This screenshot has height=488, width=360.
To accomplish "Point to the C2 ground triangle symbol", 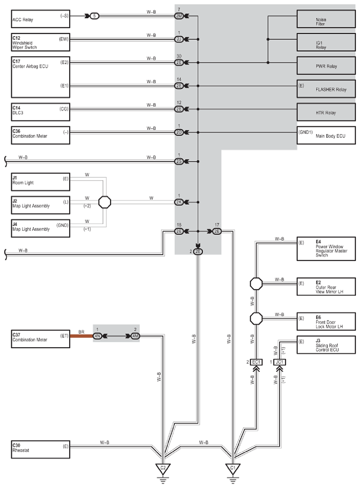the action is click(163, 469).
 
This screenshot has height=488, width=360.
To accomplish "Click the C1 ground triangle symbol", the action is click(233, 469).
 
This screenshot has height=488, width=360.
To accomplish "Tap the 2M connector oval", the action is click(179, 16).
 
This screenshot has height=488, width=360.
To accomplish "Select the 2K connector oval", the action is click(179, 202).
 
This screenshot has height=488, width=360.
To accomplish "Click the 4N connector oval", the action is click(98, 336).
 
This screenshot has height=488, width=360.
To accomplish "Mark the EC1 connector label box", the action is click(256, 362).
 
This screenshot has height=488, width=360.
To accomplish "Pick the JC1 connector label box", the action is click(280, 362).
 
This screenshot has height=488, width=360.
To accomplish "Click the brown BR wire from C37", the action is click(82, 336).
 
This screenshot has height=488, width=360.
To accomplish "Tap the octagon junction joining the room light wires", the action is click(105, 202).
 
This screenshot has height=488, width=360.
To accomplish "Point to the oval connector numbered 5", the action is click(95, 16).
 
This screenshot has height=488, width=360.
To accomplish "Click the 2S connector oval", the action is click(179, 162).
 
